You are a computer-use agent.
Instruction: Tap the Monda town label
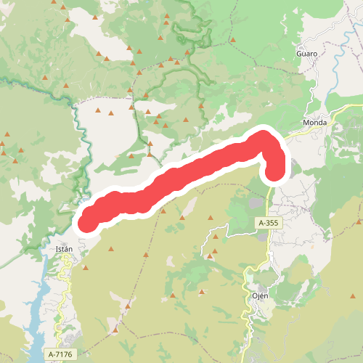tap(315, 123)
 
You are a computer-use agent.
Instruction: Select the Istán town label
tap(65, 249)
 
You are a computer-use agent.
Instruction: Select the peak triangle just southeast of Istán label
tap(86, 268)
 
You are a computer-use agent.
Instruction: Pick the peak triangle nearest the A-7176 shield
tap(115, 330)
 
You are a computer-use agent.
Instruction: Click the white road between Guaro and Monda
tap(314, 91)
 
